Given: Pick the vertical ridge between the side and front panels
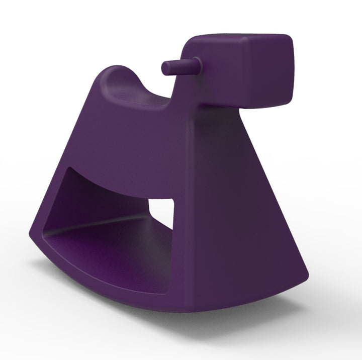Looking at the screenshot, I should [189, 201].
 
